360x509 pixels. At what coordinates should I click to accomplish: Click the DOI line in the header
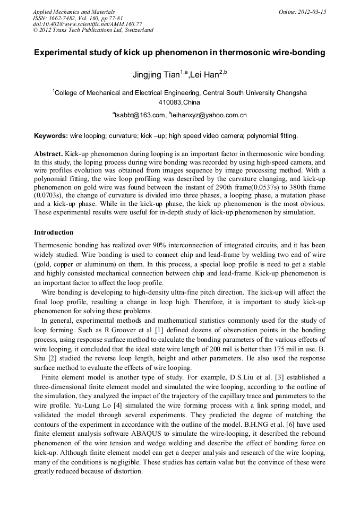pyautogui.click(x=87, y=24)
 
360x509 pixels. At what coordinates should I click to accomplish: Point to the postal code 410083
pyautogui.click(x=170, y=102)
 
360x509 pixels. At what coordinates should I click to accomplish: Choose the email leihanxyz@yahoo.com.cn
pyautogui.click(x=209, y=115)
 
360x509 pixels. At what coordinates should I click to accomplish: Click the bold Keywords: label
pyautogui.click(x=50, y=136)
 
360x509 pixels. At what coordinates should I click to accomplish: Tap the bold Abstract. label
pyautogui.click(x=49, y=153)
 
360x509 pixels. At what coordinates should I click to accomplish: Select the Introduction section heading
pyautogui.click(x=54, y=232)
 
